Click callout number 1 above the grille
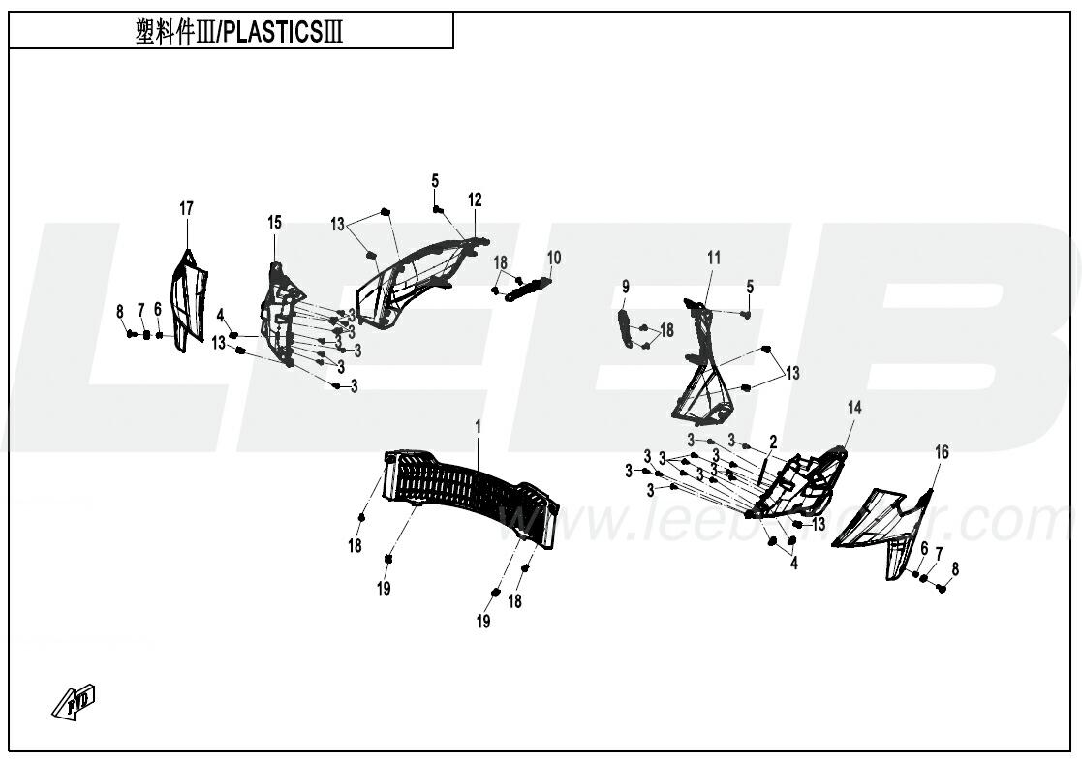pyautogui.click(x=478, y=425)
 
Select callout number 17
pyautogui.click(x=186, y=208)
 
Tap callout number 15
pyautogui.click(x=275, y=223)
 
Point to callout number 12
pyautogui.click(x=475, y=200)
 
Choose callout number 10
pyautogui.click(x=554, y=258)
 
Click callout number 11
pyautogui.click(x=714, y=258)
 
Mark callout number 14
pyautogui.click(x=853, y=408)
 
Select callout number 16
pyautogui.click(x=942, y=452)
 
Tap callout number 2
pyautogui.click(x=773, y=442)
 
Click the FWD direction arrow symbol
pyautogui.click(x=75, y=702)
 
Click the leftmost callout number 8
pyautogui.click(x=120, y=311)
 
